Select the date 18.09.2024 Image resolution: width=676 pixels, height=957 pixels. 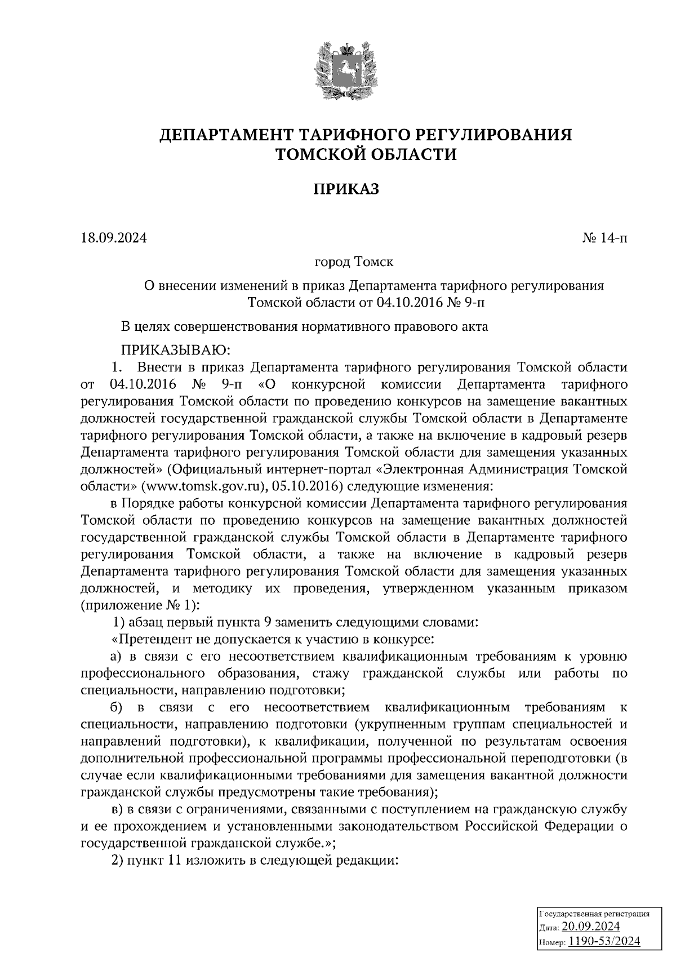[113, 238]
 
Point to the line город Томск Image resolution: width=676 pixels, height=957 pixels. [354, 263]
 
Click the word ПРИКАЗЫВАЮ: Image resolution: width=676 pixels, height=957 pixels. [171, 351]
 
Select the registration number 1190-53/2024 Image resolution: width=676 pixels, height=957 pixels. [603, 941]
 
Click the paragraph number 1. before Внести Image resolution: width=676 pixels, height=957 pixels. [117, 367]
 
